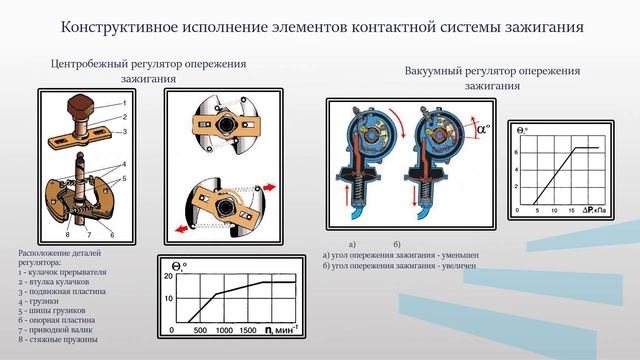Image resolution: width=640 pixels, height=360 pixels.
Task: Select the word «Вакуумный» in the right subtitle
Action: coord(437,73)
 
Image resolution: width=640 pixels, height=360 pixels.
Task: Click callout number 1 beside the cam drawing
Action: coord(124,103)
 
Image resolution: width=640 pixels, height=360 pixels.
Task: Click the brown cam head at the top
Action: coord(79,103)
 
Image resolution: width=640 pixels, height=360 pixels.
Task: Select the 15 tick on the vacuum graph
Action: coord(570,211)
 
